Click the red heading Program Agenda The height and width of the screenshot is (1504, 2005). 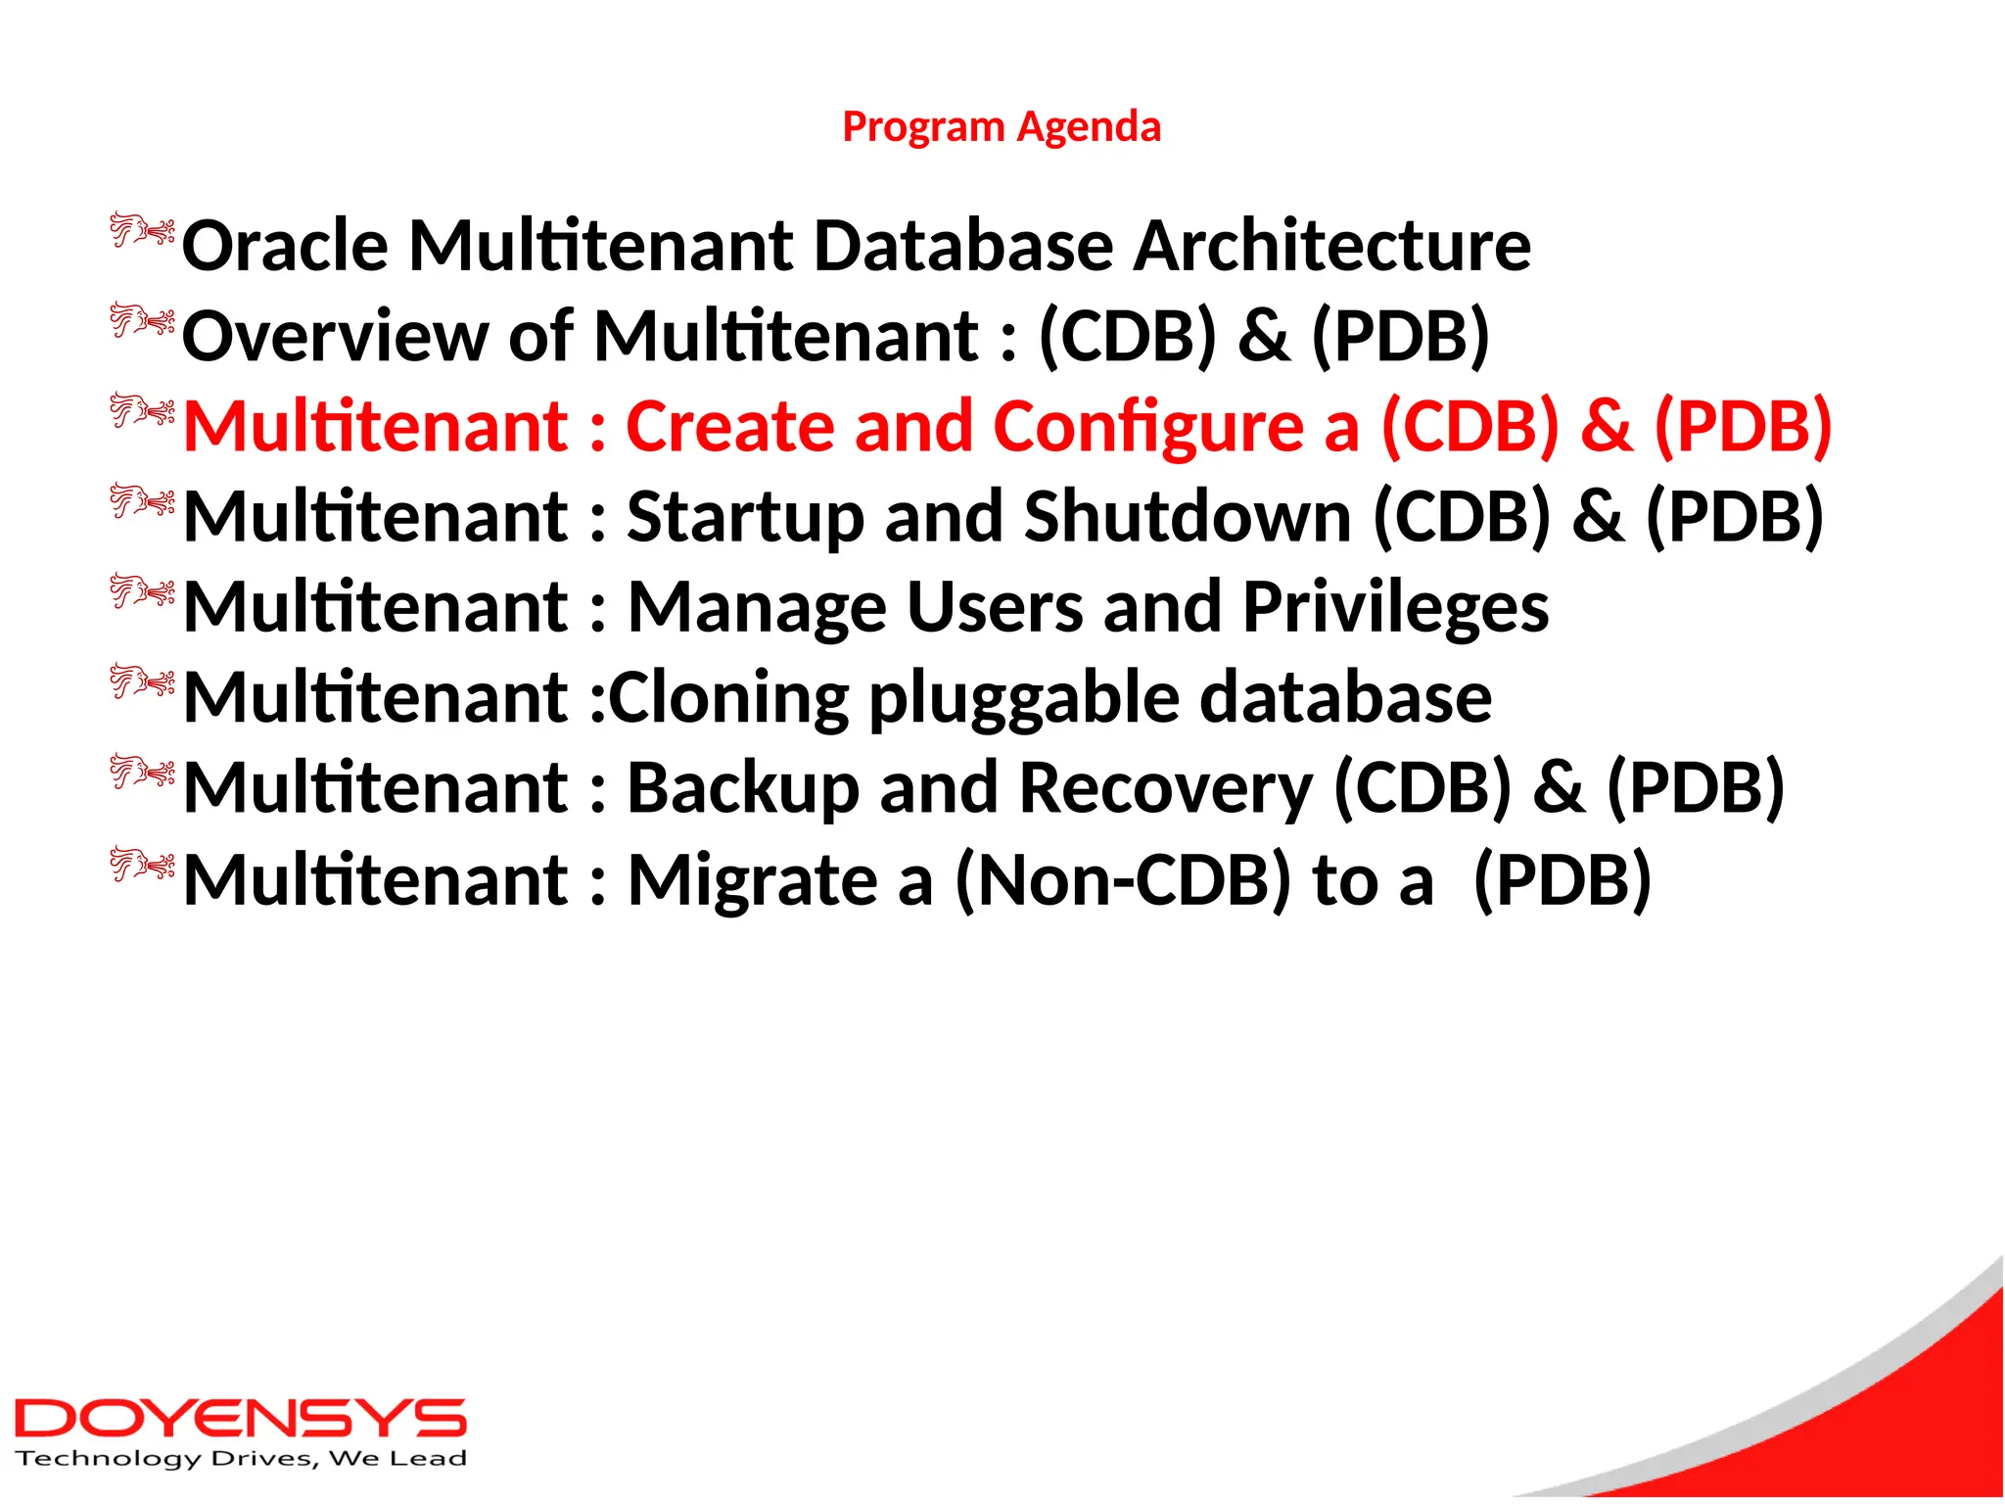(1002, 127)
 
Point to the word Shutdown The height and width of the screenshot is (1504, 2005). (1187, 516)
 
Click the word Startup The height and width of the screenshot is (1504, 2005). (745, 518)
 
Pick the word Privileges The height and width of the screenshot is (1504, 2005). (1395, 608)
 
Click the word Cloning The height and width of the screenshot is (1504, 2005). (727, 698)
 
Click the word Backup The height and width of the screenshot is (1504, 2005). (742, 789)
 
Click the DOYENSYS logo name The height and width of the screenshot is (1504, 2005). (240, 1419)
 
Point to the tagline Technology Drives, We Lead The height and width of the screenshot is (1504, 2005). (240, 1459)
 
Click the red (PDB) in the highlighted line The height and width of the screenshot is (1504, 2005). (1742, 427)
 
